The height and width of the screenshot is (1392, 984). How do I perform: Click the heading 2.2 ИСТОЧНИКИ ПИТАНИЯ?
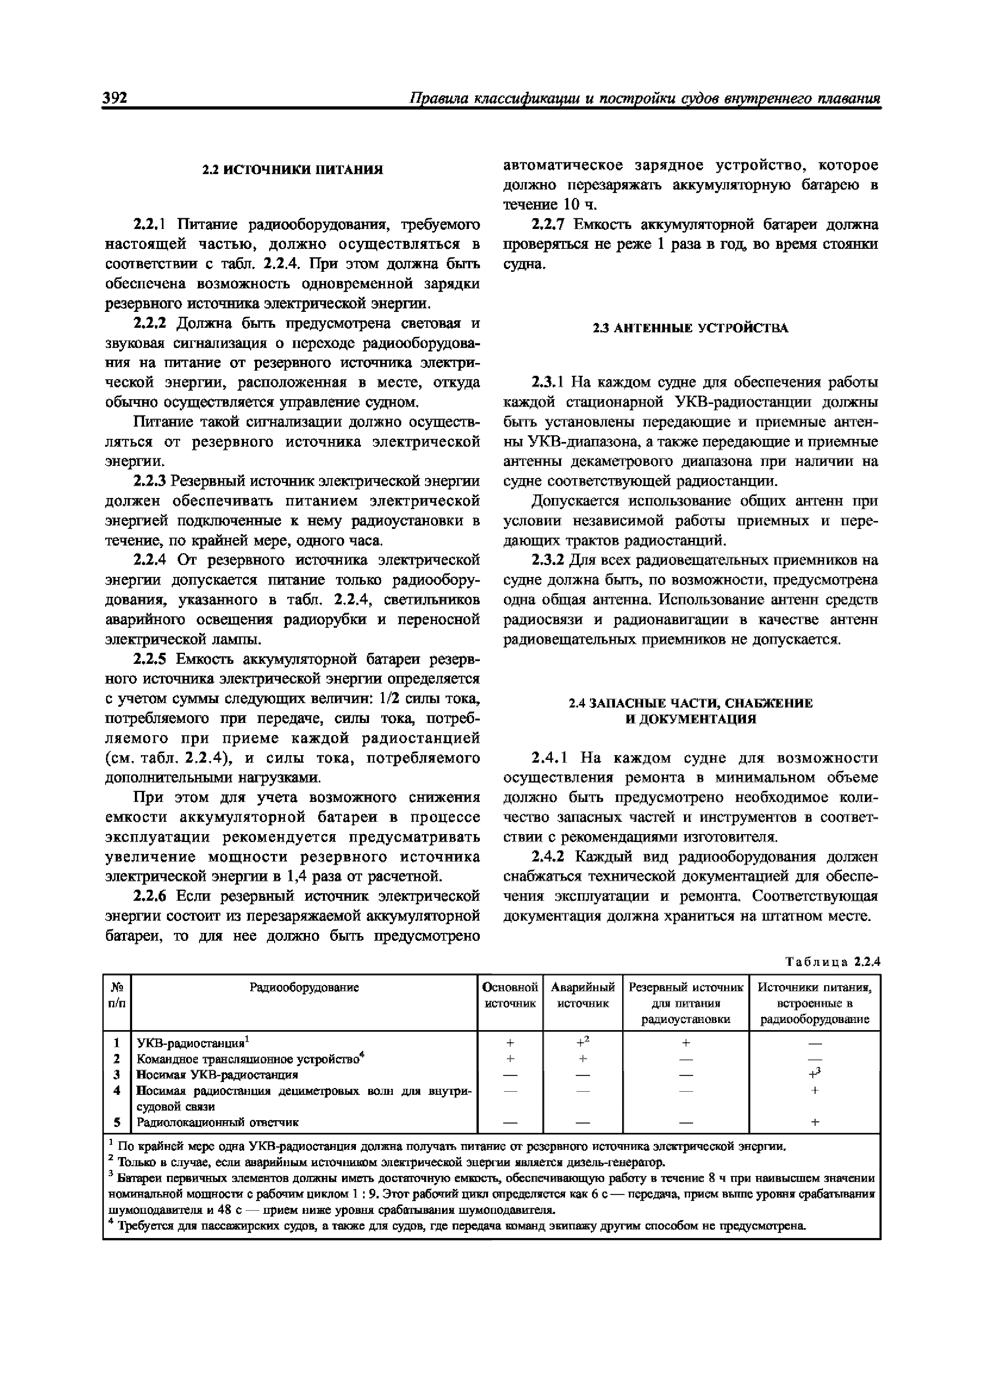tap(292, 170)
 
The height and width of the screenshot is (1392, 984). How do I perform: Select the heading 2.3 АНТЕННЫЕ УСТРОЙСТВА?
tap(690, 328)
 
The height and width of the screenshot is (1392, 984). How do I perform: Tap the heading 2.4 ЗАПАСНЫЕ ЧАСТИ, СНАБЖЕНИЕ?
tap(690, 703)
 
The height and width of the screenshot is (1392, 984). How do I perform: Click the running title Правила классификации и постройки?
tap(644, 98)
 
